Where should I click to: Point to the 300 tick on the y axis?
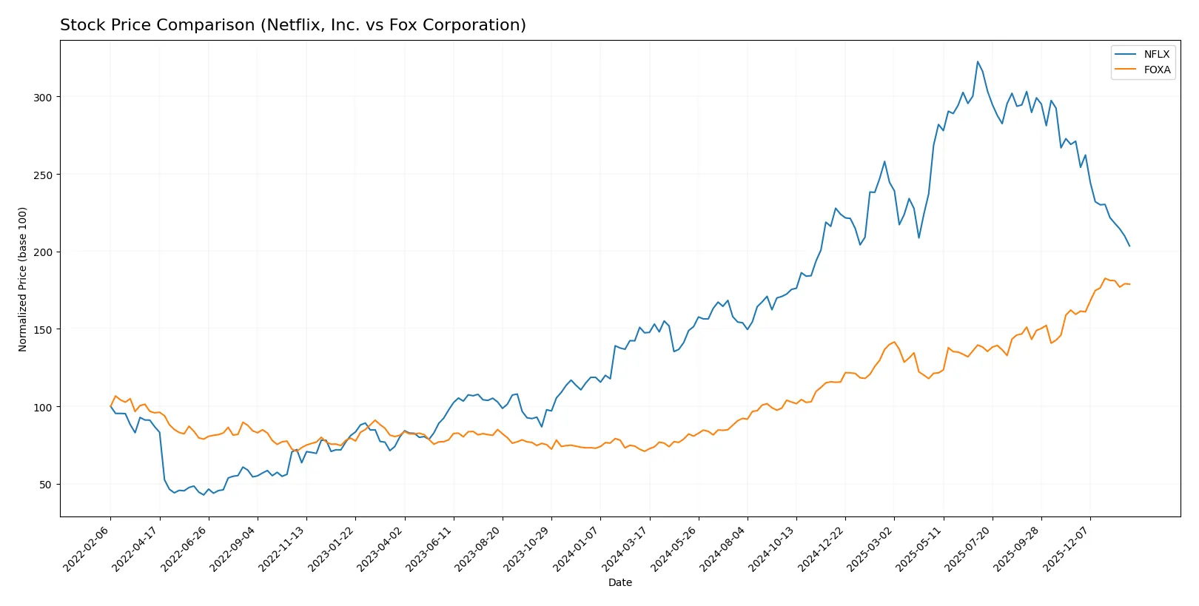click(x=42, y=98)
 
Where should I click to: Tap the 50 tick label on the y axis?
click(x=45, y=485)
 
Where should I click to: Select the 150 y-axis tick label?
click(x=42, y=330)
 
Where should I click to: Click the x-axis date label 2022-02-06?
click(x=87, y=548)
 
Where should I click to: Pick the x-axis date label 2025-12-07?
click(x=1067, y=548)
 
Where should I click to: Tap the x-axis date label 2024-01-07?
click(x=577, y=548)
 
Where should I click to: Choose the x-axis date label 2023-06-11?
click(x=430, y=548)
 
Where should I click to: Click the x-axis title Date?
click(x=619, y=582)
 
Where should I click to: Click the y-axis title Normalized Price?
click(x=23, y=279)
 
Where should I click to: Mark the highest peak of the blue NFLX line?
click(x=977, y=61)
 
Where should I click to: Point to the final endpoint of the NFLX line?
click(x=1129, y=246)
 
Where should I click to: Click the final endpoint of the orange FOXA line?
click(x=1129, y=284)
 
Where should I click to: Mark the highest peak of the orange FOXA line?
click(x=1105, y=278)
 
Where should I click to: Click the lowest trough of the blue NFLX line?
click(x=204, y=494)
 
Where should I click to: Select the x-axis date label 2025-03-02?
click(x=870, y=548)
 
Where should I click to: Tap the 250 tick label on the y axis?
click(x=42, y=175)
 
